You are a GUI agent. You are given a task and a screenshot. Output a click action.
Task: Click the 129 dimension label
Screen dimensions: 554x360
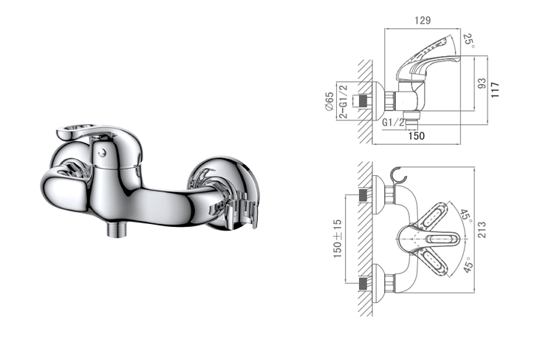[423, 20]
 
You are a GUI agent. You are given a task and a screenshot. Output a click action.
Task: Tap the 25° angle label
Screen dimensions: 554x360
[468, 41]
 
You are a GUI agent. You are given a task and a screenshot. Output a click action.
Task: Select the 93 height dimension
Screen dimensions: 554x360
[482, 84]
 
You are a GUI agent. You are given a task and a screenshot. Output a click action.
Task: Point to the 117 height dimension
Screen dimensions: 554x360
[495, 90]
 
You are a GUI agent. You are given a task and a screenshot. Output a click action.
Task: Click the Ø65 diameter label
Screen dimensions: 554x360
[329, 101]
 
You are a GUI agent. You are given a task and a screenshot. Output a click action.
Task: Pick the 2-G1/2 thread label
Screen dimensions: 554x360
[343, 101]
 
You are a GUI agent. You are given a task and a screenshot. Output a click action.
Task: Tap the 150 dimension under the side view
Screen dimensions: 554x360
[416, 136]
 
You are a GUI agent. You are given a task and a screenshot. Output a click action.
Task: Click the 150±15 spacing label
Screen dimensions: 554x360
[338, 239]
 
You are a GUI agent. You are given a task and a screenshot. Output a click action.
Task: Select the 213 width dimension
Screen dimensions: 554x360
[482, 230]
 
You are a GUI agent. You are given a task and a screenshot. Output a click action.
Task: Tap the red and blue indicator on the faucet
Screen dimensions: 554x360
[102, 152]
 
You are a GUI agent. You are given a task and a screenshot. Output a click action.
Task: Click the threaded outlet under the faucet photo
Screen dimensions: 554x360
[116, 230]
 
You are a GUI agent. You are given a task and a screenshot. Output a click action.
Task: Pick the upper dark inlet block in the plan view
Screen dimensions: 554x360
[363, 195]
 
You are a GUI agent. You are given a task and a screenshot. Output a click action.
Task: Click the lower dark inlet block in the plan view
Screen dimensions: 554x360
[363, 284]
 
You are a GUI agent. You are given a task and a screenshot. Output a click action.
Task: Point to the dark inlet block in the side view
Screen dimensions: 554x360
[363, 101]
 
